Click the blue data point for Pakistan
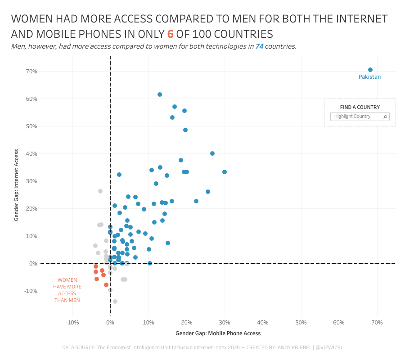tap(370, 70)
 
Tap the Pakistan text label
tap(369, 77)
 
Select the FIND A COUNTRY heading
tap(360, 107)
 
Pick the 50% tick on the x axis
tap(301, 323)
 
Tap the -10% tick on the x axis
tap(72, 323)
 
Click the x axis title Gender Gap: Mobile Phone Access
tap(218, 333)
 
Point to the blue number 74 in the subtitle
tap(259, 46)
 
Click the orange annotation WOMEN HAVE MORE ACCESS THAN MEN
tap(67, 290)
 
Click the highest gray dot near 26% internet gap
tap(100, 191)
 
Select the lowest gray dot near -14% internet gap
tap(115, 301)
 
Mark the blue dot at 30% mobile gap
tap(225, 172)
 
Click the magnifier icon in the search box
tap(385, 117)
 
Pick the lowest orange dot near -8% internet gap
tap(106, 285)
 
